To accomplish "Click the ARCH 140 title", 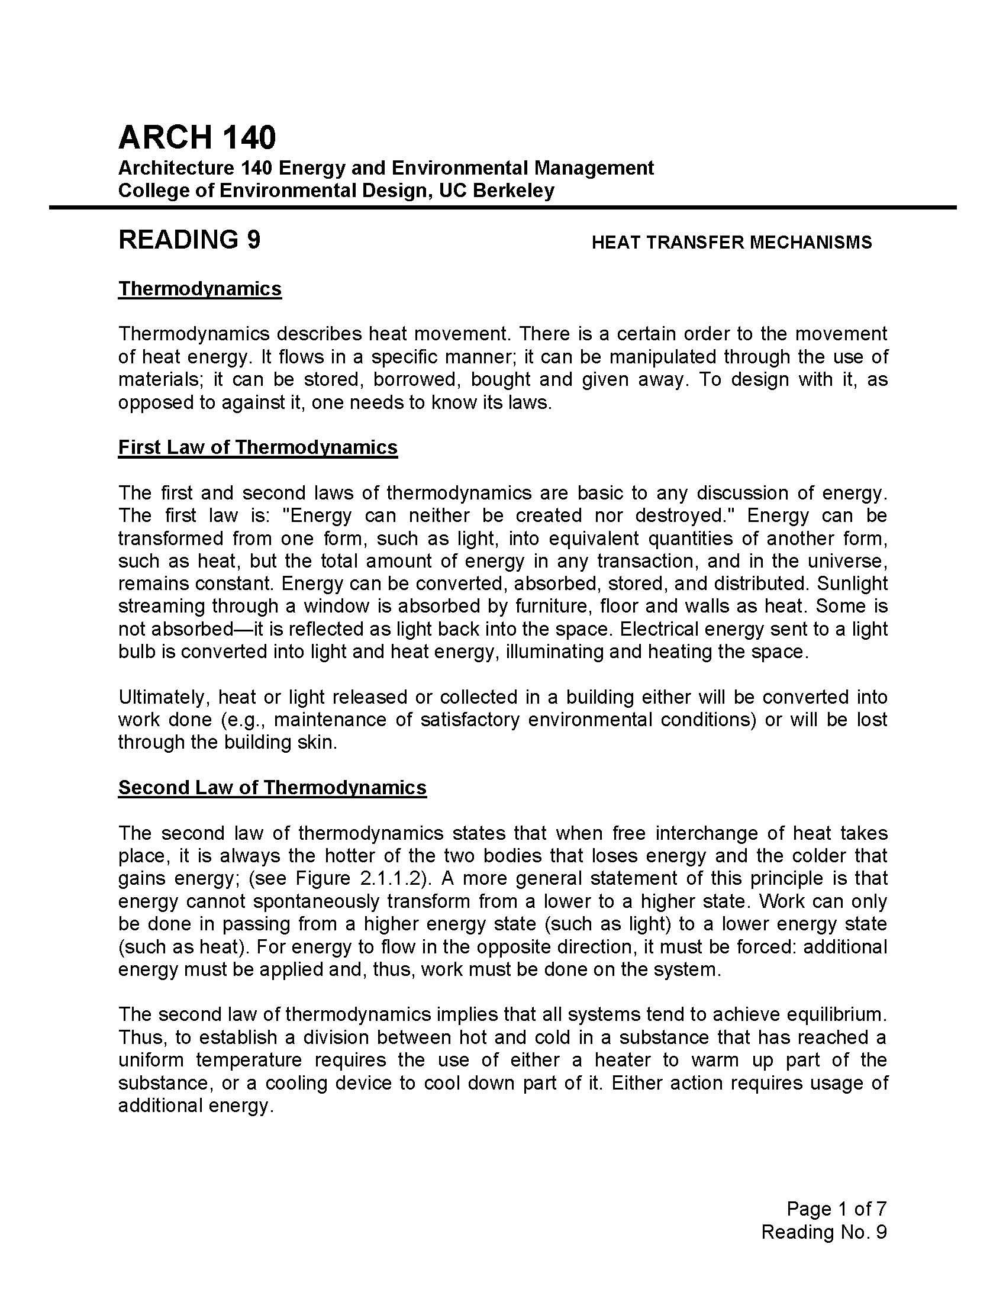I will pos(197,137).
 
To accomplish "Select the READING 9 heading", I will pos(189,240).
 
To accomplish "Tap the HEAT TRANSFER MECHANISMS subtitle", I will pos(731,242).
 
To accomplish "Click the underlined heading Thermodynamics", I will pos(199,289).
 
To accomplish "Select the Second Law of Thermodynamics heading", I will pos(272,788).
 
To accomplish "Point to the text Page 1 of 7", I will pos(836,1208).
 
